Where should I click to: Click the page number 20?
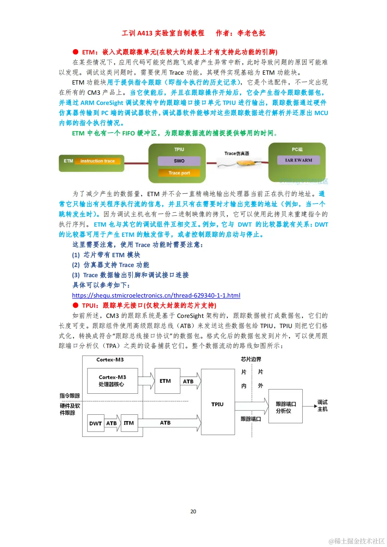pos(193,511)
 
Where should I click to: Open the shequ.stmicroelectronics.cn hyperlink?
pos(156,295)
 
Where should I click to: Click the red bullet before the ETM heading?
pos(76,52)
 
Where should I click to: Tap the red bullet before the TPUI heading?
pos(76,305)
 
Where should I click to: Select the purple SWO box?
pos(179,161)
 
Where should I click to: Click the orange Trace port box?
pos(179,173)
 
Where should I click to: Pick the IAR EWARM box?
pos(299,160)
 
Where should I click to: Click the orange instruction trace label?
pos(98,161)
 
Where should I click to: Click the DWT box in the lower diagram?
pos(95,423)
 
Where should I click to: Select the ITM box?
pos(129,423)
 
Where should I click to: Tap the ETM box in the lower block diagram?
pos(165,381)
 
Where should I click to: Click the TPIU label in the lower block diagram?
pos(217,404)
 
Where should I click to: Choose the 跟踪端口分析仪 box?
pos(286,407)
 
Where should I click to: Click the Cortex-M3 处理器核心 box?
pos(112,381)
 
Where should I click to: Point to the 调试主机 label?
pos(322,406)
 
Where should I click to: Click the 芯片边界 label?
pos(251,359)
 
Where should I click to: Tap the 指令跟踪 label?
pos(70,396)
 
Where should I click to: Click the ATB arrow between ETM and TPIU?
pos(190,381)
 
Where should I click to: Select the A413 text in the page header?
pos(145,33)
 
